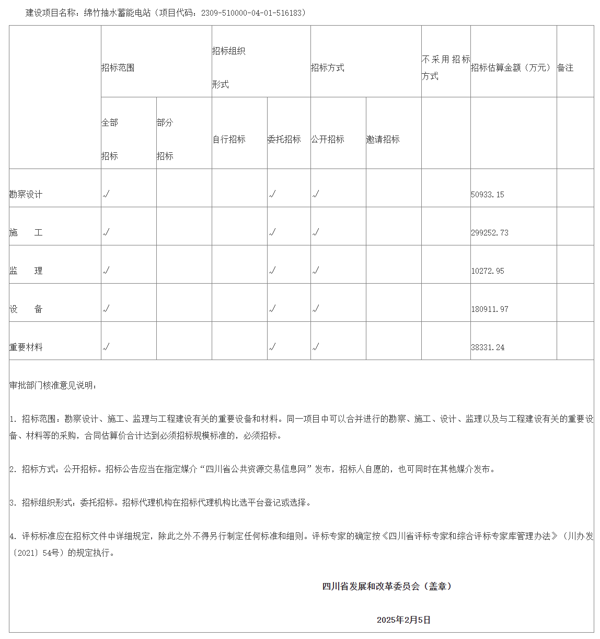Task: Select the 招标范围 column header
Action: [118, 68]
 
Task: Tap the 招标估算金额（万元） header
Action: [511, 68]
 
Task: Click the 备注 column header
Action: [566, 68]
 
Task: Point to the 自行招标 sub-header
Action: [229, 139]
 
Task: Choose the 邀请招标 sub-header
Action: [383, 139]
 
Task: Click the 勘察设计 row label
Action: [26, 195]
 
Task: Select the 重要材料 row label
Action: [26, 347]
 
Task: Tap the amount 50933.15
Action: [488, 195]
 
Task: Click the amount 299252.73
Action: [490, 233]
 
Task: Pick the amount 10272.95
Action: [488, 271]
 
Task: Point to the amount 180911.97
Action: [490, 309]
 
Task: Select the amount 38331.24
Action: [488, 347]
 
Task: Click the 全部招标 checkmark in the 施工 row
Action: [106, 232]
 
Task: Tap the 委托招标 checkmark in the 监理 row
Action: [272, 271]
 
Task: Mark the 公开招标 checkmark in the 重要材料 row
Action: [316, 347]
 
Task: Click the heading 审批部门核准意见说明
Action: [53, 386]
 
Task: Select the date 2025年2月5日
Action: [404, 620]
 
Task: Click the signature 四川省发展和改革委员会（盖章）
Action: [387, 587]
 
